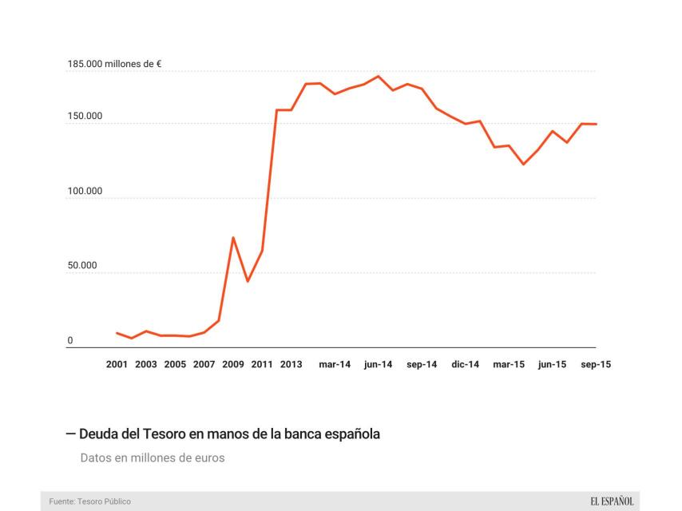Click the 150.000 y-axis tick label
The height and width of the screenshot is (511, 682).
click(x=85, y=117)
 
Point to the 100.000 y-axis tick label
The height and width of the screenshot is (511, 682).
click(x=85, y=192)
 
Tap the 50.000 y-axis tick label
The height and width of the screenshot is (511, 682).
click(x=82, y=266)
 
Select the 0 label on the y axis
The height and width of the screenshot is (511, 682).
click(x=70, y=341)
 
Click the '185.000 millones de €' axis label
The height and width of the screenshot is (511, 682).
click(x=115, y=64)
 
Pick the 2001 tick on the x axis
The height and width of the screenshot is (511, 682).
click(x=117, y=364)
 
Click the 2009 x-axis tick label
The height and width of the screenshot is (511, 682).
click(x=233, y=364)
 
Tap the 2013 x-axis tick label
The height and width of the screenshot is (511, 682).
click(x=291, y=364)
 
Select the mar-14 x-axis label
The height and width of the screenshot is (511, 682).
click(x=335, y=364)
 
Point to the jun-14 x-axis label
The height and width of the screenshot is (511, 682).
click(x=378, y=364)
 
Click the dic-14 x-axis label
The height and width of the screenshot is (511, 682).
click(x=465, y=364)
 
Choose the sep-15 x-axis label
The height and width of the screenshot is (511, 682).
click(x=596, y=364)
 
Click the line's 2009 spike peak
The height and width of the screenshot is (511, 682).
click(x=233, y=238)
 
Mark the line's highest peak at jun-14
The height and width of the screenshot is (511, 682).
click(x=378, y=77)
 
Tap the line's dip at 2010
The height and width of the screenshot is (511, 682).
click(x=248, y=281)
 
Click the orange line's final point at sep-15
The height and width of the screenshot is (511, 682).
click(x=596, y=124)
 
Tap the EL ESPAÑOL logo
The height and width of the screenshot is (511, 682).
click(x=612, y=501)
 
